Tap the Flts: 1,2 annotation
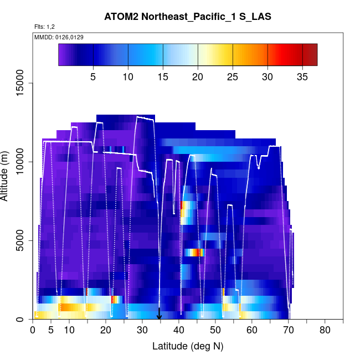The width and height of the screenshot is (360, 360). [45, 27]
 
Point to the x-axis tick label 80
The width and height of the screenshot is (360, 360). [325, 331]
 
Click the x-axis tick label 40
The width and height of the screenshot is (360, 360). [178, 331]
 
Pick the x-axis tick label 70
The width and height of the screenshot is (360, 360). [288, 331]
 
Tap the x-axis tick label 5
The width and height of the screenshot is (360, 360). [51, 331]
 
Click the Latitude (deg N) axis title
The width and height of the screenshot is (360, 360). [188, 346]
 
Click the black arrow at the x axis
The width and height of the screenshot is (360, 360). [160, 315]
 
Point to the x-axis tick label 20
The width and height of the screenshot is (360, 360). [105, 331]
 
